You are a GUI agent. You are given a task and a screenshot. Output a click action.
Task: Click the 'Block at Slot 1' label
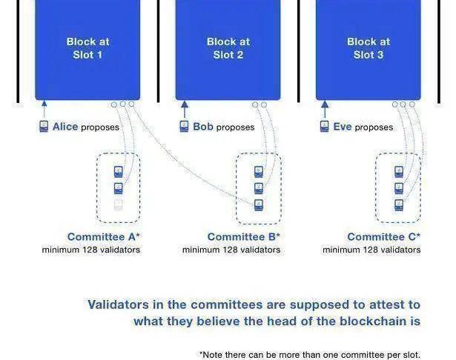coord(87,48)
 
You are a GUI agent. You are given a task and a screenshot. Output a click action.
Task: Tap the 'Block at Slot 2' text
coord(228,48)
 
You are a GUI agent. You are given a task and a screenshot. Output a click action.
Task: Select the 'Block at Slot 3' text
coord(368,48)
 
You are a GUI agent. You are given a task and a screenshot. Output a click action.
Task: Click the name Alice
coord(65,127)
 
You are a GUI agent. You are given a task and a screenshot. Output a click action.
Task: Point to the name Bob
coord(202,127)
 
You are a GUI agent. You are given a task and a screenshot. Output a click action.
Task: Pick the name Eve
coord(343,127)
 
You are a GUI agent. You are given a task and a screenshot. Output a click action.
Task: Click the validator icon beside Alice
coord(44,127)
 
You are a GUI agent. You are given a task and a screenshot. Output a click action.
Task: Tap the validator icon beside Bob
coord(184,127)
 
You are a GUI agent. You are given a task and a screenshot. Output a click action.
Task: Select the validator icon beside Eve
coord(324,127)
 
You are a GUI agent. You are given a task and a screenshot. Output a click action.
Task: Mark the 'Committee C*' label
coord(383,237)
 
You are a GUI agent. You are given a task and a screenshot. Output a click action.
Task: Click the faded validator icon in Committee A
coord(118,204)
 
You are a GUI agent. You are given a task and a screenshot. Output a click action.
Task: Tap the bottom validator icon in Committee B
coord(259,204)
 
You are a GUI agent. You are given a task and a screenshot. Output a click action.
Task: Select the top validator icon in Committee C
coord(399,171)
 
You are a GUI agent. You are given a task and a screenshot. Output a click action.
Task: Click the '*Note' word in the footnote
coord(213,354)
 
